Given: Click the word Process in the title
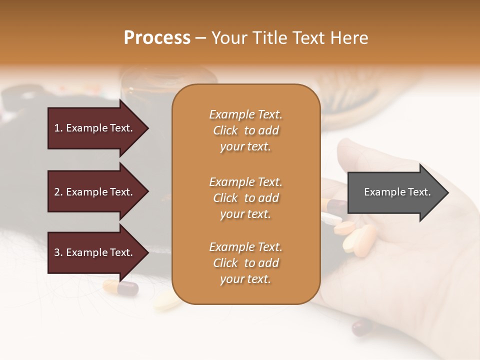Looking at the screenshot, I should point(157,38).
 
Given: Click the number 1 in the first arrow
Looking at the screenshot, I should point(57,128).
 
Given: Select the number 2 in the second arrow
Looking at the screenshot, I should point(57,192).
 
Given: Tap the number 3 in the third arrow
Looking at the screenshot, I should point(57,252).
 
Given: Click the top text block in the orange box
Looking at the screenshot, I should point(245,130).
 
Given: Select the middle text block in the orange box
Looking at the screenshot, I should point(245,198).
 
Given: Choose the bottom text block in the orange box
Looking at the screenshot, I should point(245,263).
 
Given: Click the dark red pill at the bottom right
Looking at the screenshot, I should point(362,327).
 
